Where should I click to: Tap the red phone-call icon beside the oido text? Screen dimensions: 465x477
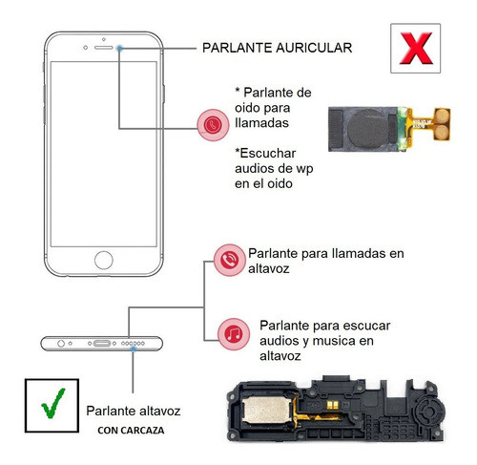212,123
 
